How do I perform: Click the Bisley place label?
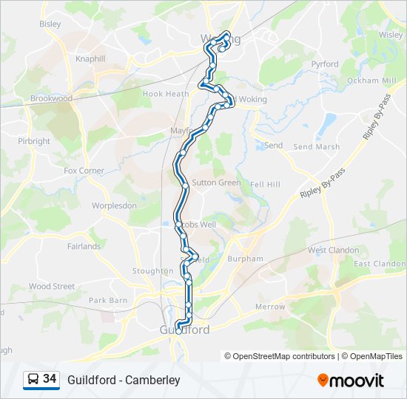50,24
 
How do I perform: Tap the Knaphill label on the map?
91,58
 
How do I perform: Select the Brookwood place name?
51,98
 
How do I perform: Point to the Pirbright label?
34,141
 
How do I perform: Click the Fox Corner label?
84,171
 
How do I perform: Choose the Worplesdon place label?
114,205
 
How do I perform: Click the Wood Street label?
52,286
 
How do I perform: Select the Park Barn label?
108,301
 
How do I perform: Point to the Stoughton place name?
152,271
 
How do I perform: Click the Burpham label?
245,259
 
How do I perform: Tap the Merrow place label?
270,307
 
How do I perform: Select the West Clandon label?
333,250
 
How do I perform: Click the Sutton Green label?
216,183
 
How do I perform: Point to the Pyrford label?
325,64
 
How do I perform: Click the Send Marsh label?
317,147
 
